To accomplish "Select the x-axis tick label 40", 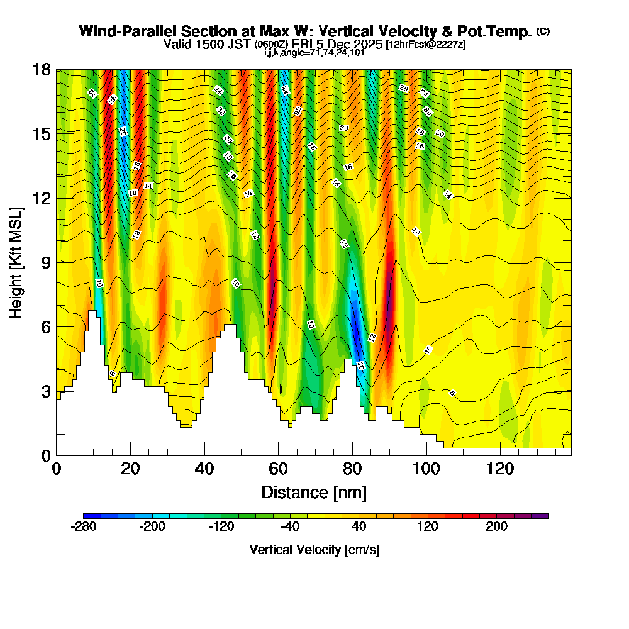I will point(204,469).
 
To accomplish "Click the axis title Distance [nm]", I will point(314,491).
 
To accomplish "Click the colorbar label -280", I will point(84,527).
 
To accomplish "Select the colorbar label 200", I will point(496,527).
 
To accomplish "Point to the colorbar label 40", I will point(359,527).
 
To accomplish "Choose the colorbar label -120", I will point(221,527).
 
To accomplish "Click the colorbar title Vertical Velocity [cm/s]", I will point(314,550).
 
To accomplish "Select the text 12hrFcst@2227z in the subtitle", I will point(425,45).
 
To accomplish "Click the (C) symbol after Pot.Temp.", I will point(543,31).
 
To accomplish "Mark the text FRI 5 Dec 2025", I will point(340,44).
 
